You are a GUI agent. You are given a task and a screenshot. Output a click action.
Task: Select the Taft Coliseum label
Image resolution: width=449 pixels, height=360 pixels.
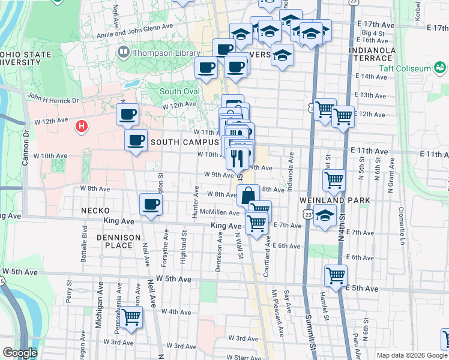pyautogui.click(x=405, y=68)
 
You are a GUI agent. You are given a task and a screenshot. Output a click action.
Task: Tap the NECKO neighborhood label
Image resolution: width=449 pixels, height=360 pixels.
pyautogui.click(x=95, y=211)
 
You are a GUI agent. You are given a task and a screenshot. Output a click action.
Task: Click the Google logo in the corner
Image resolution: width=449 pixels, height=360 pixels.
pyautogui.click(x=19, y=353)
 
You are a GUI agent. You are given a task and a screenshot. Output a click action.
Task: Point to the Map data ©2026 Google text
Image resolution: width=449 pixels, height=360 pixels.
pyautogui.click(x=411, y=355)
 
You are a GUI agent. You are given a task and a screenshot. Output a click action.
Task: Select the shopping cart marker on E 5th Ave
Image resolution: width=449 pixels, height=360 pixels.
pyautogui.click(x=336, y=275)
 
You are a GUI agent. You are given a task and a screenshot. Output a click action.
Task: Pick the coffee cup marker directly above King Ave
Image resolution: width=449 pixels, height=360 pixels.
pyautogui.click(x=150, y=204)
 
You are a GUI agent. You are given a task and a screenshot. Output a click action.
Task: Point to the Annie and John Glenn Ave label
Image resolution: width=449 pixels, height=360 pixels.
pyautogui.click(x=137, y=34)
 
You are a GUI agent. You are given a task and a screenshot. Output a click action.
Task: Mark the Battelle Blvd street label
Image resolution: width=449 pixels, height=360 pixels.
pyautogui.click(x=85, y=238)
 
